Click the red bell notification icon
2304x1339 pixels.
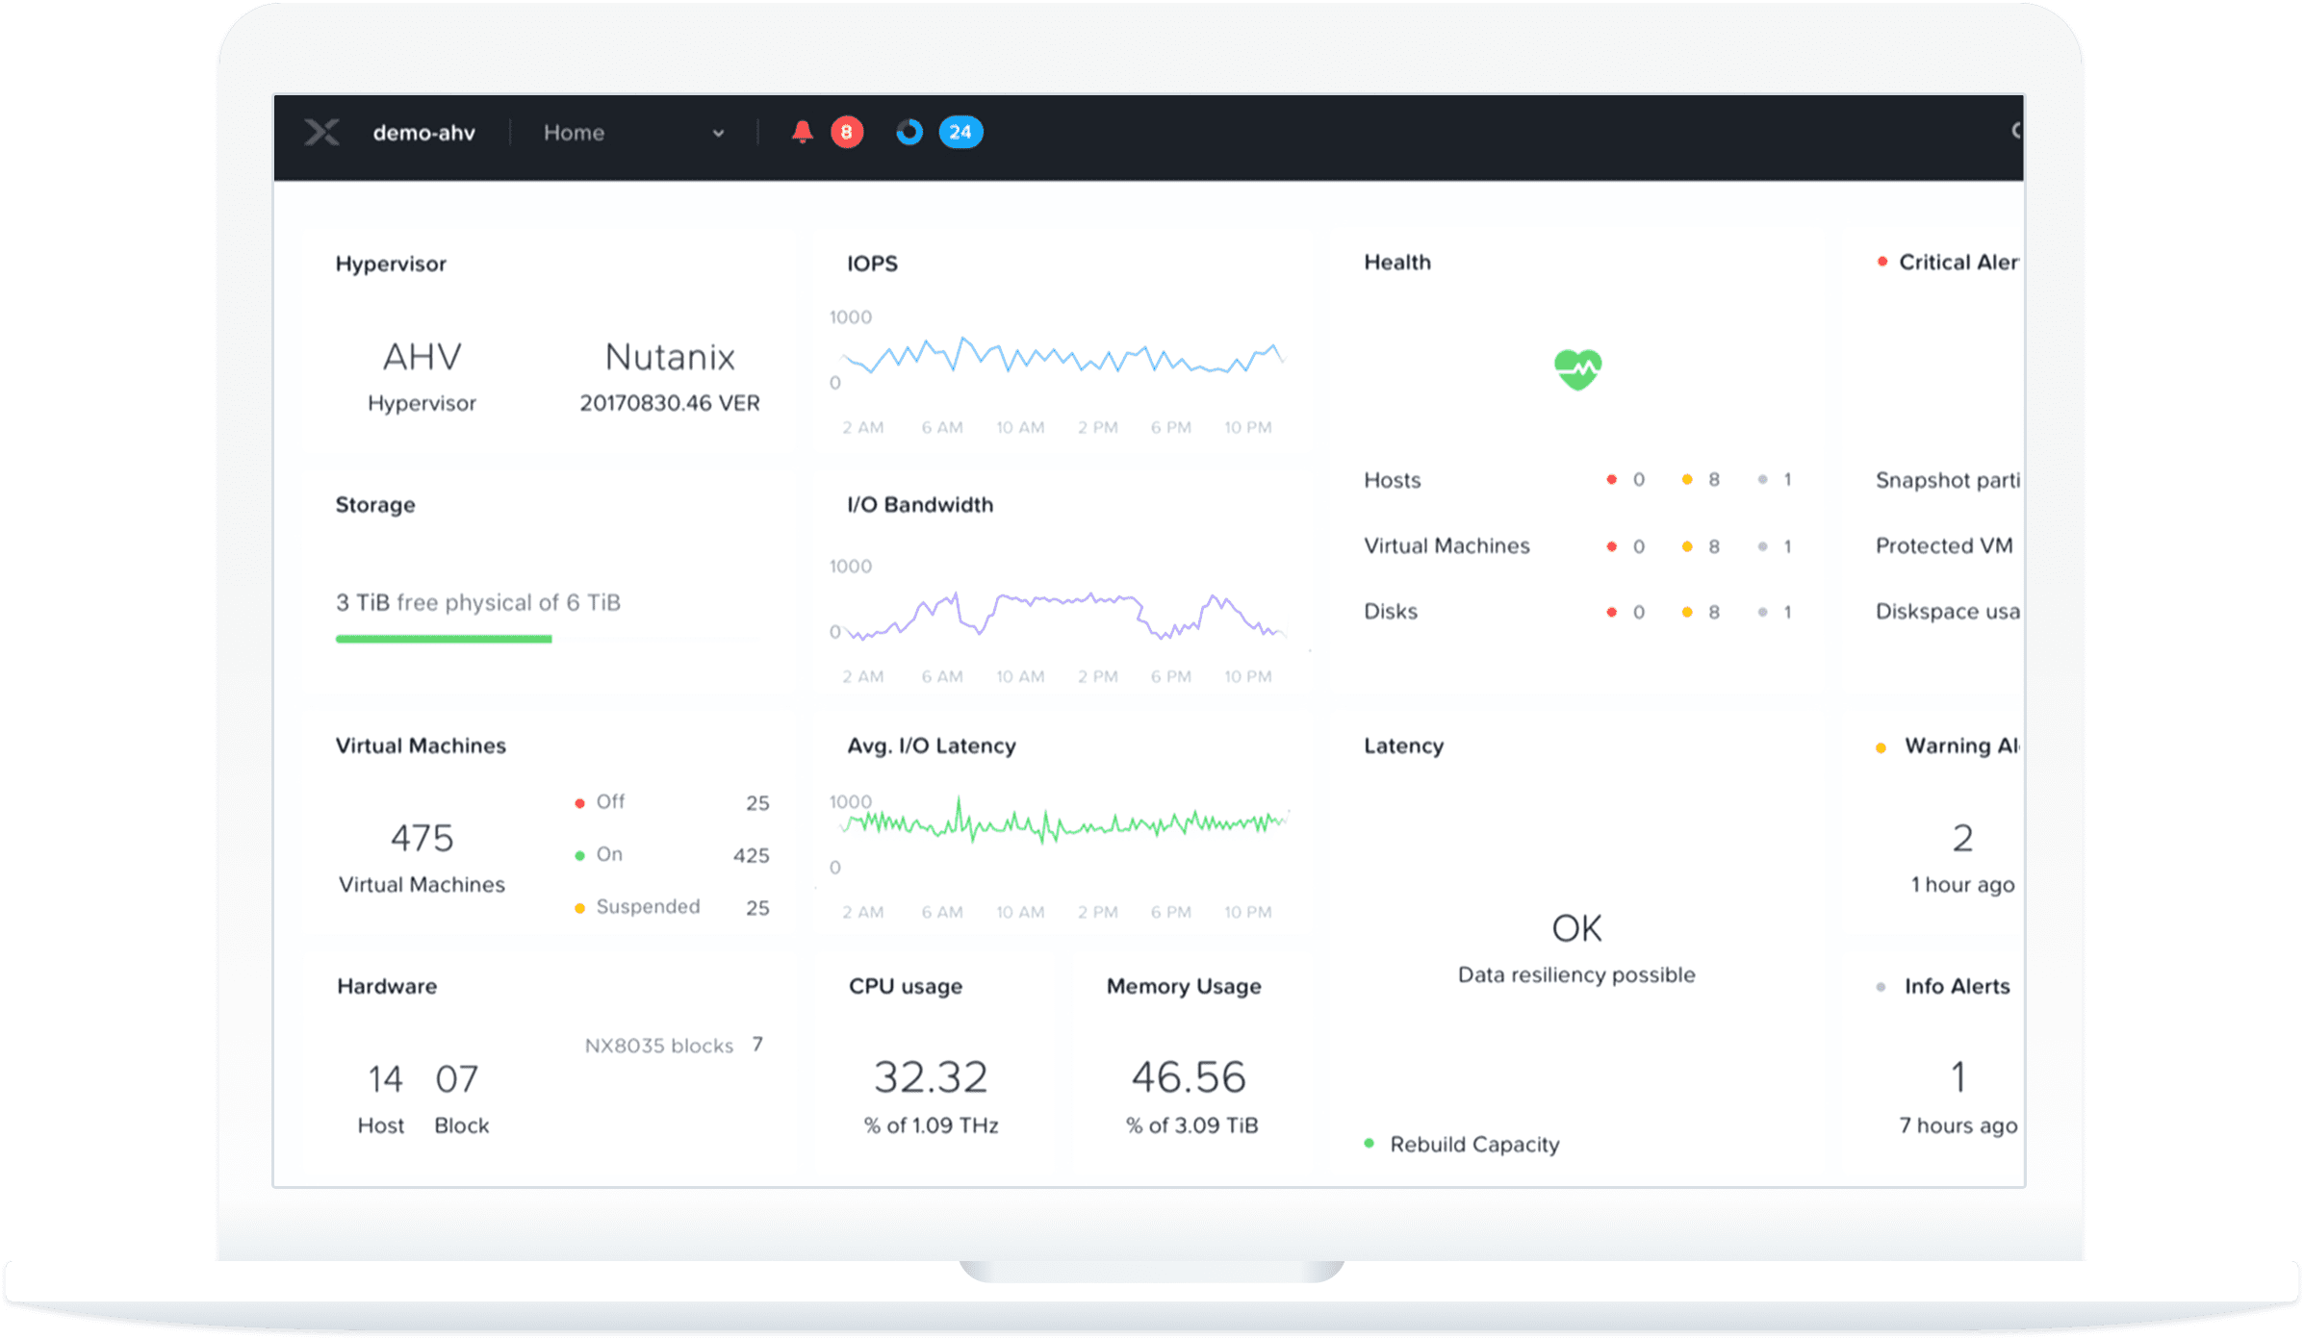tap(802, 132)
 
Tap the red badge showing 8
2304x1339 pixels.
tap(846, 132)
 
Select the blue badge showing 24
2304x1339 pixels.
tap(960, 132)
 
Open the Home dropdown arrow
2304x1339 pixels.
tap(718, 134)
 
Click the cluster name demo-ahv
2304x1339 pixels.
tap(423, 133)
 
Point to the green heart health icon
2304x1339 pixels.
tap(1577, 369)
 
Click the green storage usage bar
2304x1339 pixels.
tap(444, 639)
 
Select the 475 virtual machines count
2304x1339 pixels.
tap(422, 838)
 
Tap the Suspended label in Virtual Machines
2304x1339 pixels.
tap(648, 906)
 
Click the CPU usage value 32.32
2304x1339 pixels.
tap(931, 1077)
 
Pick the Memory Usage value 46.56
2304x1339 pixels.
tap(1189, 1077)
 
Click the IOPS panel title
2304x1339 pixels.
tap(872, 264)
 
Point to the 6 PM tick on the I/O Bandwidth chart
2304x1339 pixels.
tap(1170, 676)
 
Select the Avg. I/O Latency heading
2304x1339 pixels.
tap(931, 745)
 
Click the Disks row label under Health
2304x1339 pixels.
tap(1390, 611)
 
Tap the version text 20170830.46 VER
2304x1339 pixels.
tap(669, 403)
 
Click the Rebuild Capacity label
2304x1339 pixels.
tap(1473, 1144)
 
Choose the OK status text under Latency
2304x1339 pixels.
tap(1576, 928)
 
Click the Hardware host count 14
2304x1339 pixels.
tap(385, 1079)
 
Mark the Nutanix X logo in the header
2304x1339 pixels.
tap(321, 132)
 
